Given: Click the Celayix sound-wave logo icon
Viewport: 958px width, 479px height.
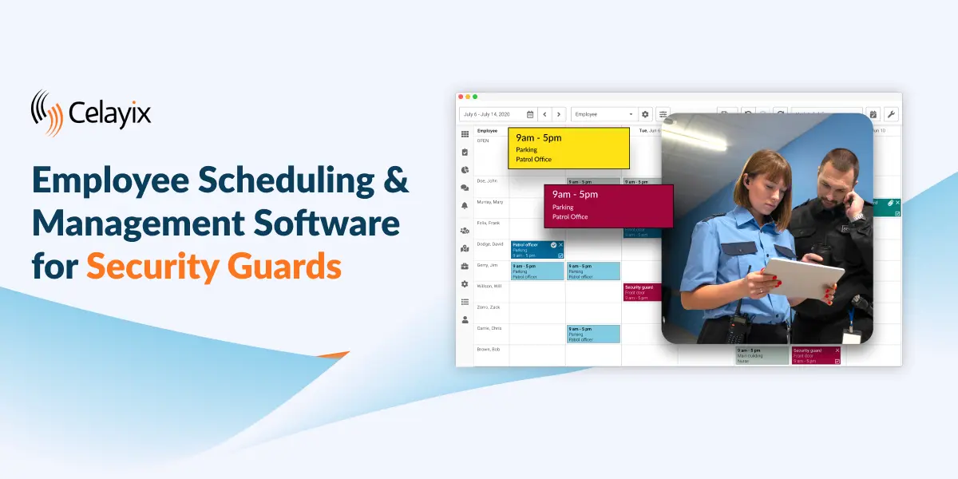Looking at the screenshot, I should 47,113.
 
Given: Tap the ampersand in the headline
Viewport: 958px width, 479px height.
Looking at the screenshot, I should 393,181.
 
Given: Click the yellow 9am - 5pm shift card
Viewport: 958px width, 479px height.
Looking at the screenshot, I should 568,148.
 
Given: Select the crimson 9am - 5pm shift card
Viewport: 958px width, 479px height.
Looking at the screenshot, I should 608,205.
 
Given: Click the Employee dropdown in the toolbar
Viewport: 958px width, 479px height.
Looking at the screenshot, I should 604,114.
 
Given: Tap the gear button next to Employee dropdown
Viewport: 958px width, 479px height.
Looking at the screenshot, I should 646,114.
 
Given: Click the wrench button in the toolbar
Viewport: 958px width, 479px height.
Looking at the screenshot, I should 891,114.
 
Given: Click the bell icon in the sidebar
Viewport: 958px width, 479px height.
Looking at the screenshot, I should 465,206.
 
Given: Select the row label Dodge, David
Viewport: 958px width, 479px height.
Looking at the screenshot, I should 489,243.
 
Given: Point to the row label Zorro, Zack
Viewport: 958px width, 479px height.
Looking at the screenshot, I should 488,307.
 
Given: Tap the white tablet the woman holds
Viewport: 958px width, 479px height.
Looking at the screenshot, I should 803,279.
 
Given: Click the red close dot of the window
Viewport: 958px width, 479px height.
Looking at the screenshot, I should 461,97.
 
